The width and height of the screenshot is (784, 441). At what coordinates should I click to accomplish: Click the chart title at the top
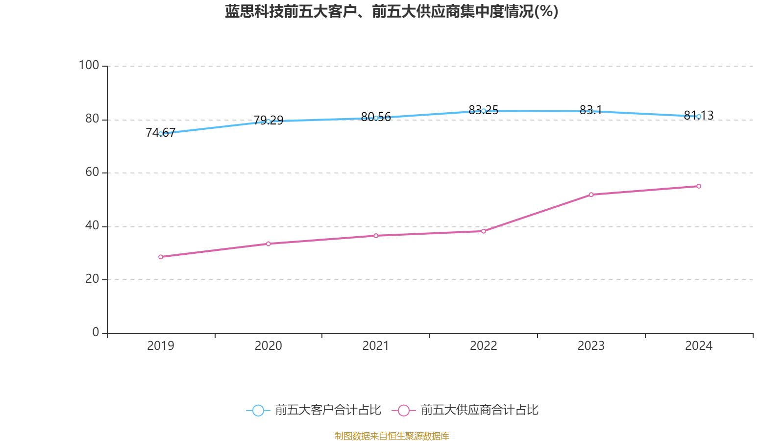tap(392, 11)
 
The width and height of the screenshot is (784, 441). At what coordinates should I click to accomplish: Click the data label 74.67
tap(161, 132)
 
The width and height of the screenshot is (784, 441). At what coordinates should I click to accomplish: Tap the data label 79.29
tap(268, 120)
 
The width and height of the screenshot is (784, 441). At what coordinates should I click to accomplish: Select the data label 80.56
tap(376, 117)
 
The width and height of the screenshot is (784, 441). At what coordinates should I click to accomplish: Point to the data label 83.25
tap(483, 110)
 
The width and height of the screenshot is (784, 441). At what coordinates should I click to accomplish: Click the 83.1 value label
tap(590, 110)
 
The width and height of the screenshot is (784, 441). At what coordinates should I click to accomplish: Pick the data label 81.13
tap(698, 115)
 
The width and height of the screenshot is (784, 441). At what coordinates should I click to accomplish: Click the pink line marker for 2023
tap(591, 195)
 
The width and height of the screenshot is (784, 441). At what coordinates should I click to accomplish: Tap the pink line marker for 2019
tap(161, 257)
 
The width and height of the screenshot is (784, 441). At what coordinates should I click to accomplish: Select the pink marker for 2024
tap(699, 186)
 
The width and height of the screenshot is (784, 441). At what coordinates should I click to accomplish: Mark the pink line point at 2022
tap(483, 231)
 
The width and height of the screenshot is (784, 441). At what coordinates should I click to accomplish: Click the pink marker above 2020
tap(268, 244)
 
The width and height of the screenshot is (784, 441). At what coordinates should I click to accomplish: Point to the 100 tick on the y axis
tap(89, 65)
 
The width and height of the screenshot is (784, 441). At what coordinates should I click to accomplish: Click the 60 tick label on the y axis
tap(92, 172)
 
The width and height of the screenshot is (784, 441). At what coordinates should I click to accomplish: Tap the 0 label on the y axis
tap(96, 333)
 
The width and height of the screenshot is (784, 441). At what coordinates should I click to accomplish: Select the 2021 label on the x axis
tap(376, 346)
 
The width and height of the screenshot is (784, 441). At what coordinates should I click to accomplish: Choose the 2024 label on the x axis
tap(698, 346)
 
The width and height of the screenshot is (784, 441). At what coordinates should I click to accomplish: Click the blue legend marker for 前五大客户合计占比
tap(258, 411)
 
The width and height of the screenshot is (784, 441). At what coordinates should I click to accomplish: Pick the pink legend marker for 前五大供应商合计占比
tap(403, 411)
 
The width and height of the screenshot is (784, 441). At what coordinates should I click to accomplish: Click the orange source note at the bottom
tap(392, 436)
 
